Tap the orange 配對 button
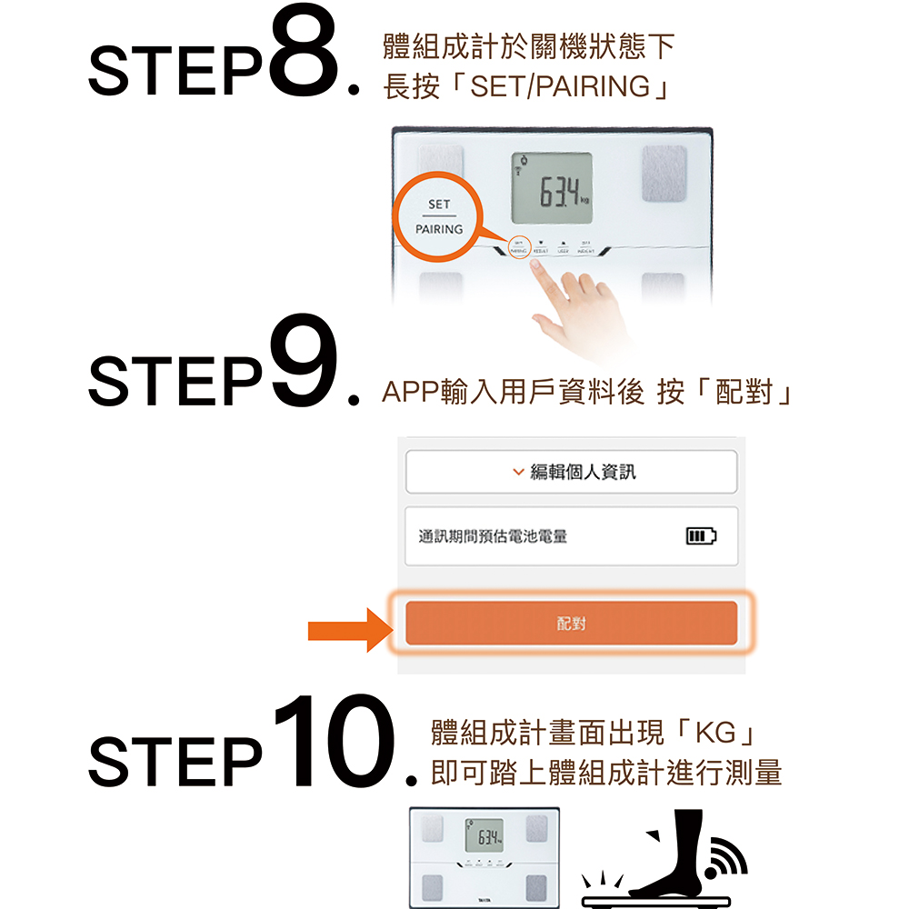tap(571, 624)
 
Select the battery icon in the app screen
tap(700, 536)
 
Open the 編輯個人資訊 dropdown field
tap(571, 472)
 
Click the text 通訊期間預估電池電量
tap(493, 536)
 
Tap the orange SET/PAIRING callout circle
tap(438, 216)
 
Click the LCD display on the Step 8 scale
tap(552, 189)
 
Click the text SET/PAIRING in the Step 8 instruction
tap(561, 86)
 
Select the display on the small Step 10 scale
tap(484, 834)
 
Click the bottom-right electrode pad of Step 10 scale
tap(535, 887)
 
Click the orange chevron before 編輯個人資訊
tap(518, 473)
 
